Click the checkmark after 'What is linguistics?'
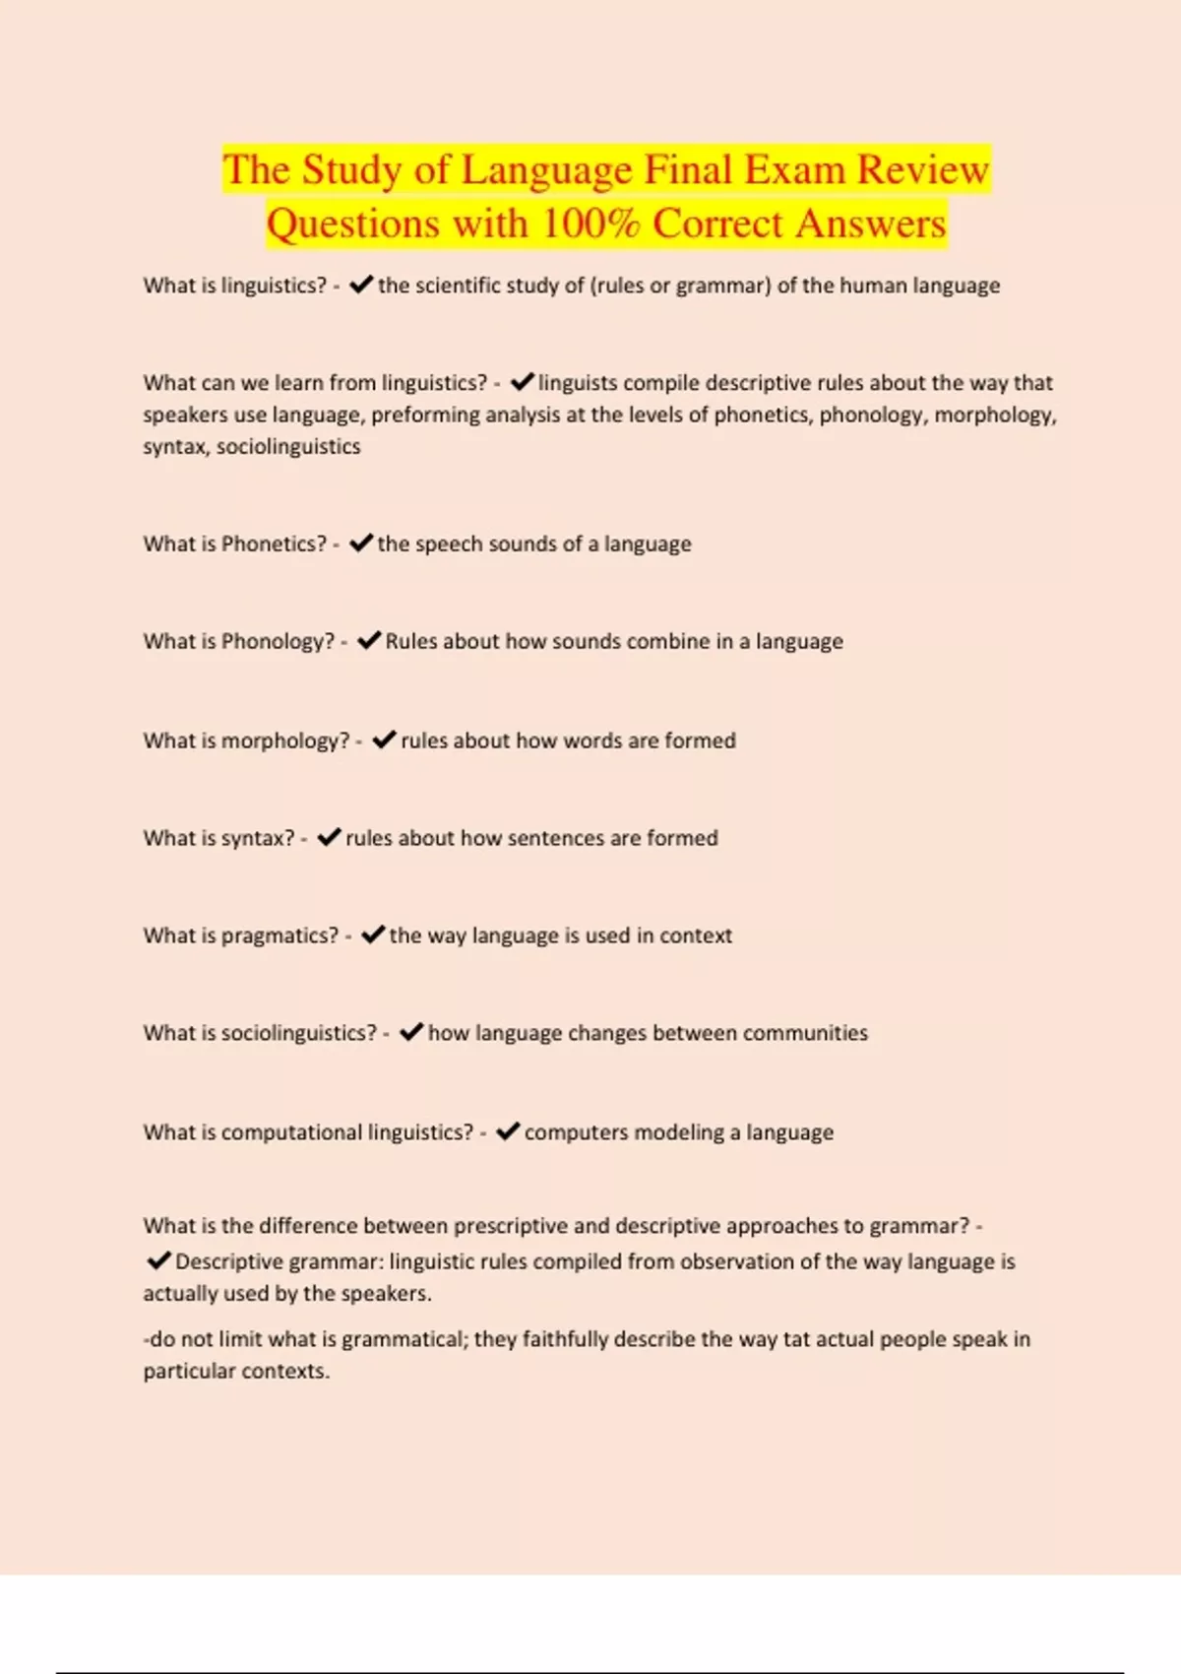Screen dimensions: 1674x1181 (360, 286)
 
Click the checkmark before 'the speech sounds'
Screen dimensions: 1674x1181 (360, 544)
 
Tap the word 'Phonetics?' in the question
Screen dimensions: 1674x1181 (274, 544)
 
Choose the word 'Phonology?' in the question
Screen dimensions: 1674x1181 (279, 641)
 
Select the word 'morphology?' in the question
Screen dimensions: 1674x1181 (285, 740)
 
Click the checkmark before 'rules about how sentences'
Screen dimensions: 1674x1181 (329, 838)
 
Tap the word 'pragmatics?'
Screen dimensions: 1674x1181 (280, 935)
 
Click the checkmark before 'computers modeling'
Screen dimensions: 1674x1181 (507, 1132)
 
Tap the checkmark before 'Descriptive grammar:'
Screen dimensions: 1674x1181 (157, 1261)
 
